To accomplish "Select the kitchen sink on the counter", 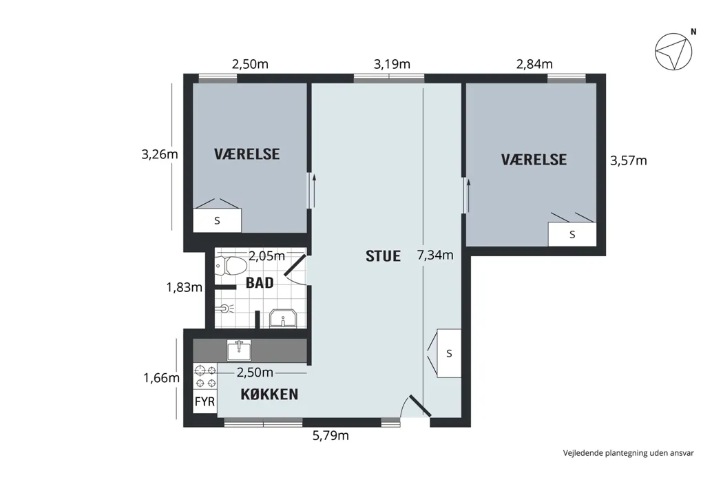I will click(239, 350).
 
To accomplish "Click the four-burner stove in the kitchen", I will click(205, 377).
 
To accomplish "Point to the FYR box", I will click(205, 401).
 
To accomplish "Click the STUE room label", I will click(383, 256).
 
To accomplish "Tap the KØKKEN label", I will click(269, 395).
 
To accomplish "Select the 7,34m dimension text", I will click(435, 255).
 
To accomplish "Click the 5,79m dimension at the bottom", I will click(331, 436).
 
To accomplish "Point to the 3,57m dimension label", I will click(629, 161).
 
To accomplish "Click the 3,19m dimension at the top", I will click(392, 65).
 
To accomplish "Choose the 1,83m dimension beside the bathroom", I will click(184, 287).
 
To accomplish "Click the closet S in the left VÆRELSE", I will click(217, 220).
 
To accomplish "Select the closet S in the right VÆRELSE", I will click(572, 234).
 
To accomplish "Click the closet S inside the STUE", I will click(449, 353).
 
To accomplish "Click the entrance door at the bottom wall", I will click(415, 407).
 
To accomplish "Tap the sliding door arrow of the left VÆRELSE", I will click(314, 189).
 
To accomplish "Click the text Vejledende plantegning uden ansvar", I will click(628, 453).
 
